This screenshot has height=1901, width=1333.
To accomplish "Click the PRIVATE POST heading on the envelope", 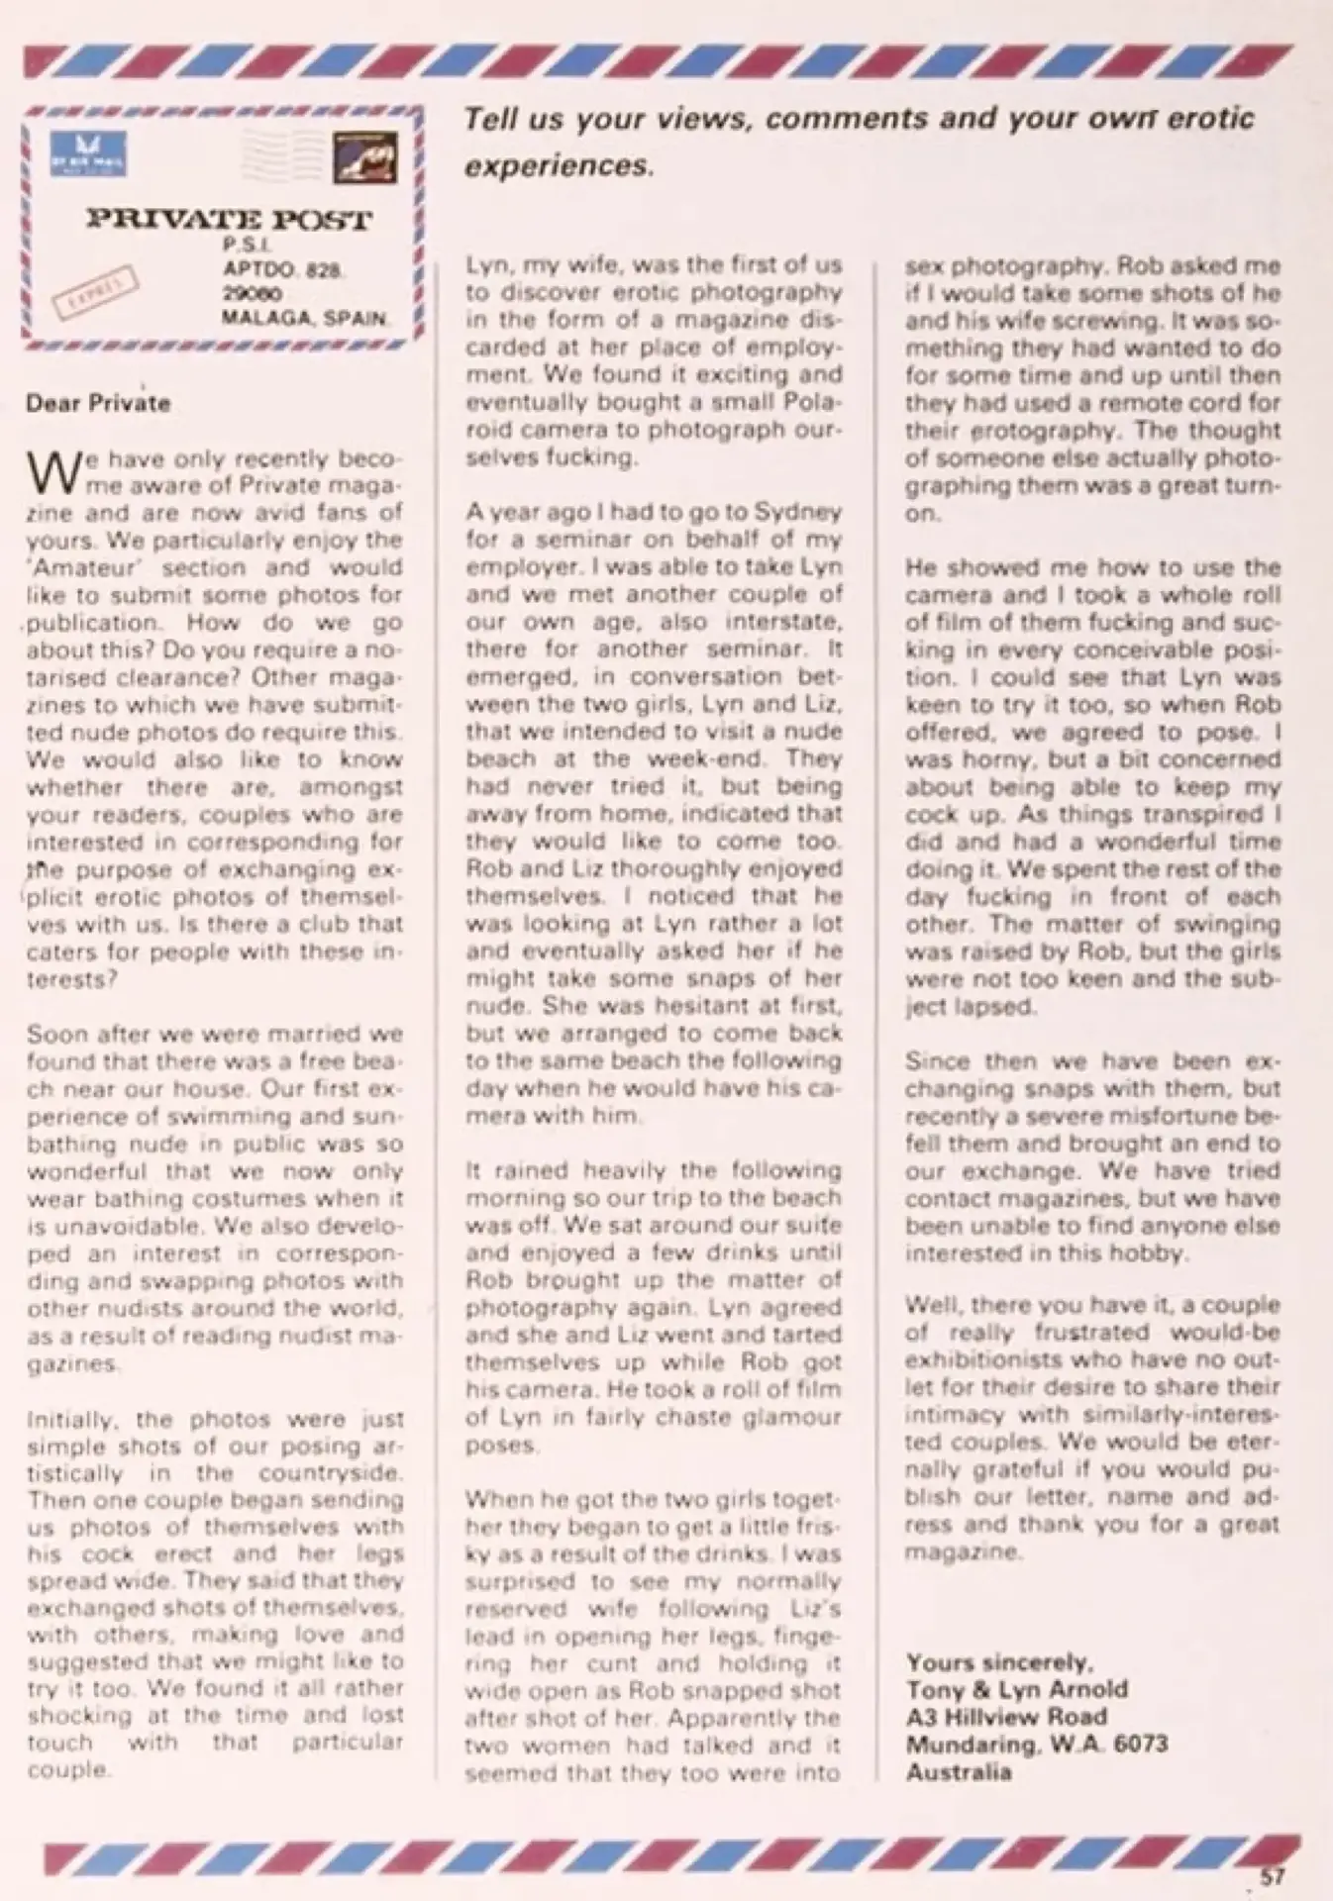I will (x=229, y=219).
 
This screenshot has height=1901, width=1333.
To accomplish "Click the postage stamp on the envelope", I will (x=364, y=156).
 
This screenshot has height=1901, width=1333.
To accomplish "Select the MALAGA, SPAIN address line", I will (x=305, y=319).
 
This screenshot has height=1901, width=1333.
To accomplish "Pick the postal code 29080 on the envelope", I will (x=252, y=294).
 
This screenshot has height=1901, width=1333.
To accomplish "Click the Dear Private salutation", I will (x=98, y=403).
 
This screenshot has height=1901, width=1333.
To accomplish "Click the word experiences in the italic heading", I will (x=559, y=165).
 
